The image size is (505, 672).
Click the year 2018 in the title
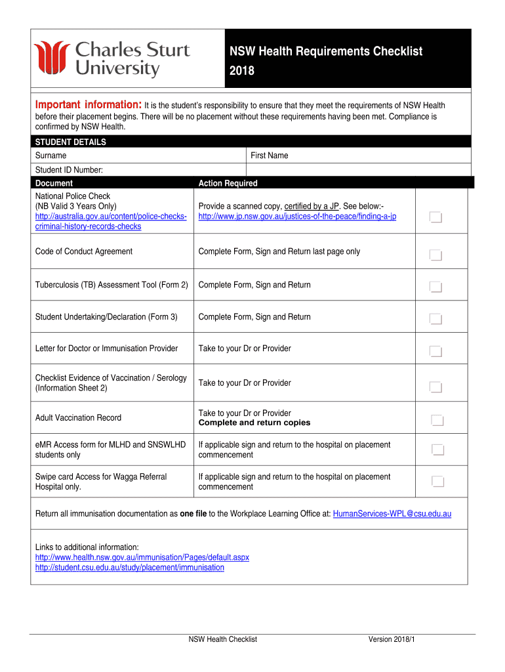click(x=241, y=71)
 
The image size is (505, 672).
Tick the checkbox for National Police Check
click(x=436, y=217)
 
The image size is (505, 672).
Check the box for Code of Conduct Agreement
click(x=436, y=255)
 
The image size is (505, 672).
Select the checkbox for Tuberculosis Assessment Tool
click(x=436, y=287)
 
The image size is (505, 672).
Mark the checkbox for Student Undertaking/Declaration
click(x=436, y=319)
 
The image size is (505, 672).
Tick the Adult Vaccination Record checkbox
click(x=437, y=420)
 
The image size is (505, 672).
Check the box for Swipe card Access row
click(x=437, y=482)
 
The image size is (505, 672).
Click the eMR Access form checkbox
click(x=437, y=450)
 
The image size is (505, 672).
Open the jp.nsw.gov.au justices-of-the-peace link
click(x=297, y=216)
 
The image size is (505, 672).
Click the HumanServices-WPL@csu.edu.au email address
click(x=392, y=513)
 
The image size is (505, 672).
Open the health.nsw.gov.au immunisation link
click(x=142, y=557)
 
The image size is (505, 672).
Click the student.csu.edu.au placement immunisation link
click(x=129, y=567)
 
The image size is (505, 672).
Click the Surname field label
click(x=51, y=156)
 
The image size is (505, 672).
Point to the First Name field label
click(x=269, y=156)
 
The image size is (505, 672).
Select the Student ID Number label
click(x=69, y=170)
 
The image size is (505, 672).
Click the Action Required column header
click(x=228, y=183)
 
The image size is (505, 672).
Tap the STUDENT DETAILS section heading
click(x=70, y=142)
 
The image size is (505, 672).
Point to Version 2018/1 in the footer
click(x=392, y=639)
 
